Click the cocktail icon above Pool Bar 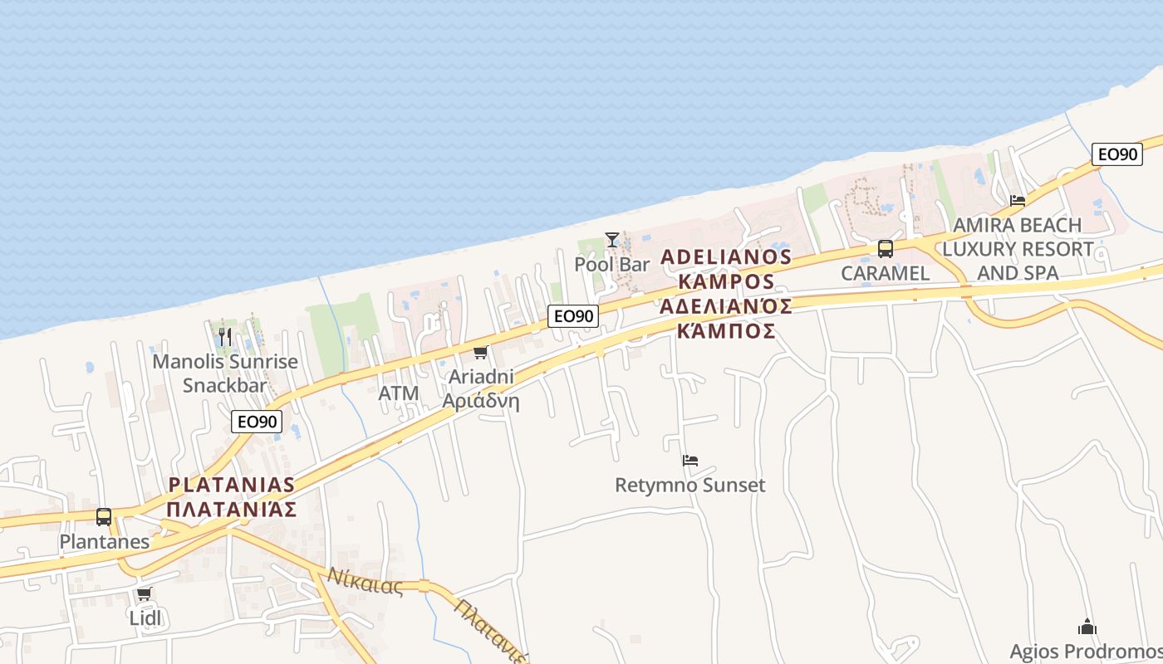tap(612, 240)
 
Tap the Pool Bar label tap(612, 265)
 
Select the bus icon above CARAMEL tap(886, 248)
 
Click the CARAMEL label tap(886, 273)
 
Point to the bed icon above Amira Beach tap(1017, 201)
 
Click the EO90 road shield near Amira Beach tap(1118, 154)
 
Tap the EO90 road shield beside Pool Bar tap(573, 316)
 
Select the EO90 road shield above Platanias tap(257, 422)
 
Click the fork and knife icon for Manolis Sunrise tap(224, 336)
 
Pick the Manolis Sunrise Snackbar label tap(225, 373)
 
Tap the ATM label tap(399, 393)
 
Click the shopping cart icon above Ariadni tap(480, 353)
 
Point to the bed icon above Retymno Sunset tap(689, 461)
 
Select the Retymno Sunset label tap(689, 485)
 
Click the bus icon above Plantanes tap(104, 516)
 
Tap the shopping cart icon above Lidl tap(145, 593)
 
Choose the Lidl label tap(145, 618)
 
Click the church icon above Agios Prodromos tap(1087, 627)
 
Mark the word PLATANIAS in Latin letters tap(231, 485)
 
